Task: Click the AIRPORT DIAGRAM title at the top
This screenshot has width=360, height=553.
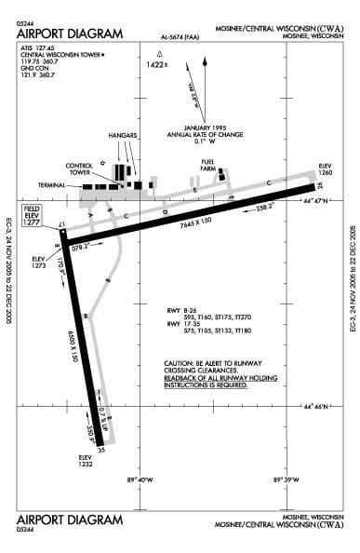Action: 70,34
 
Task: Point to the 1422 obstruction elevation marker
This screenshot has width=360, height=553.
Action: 157,64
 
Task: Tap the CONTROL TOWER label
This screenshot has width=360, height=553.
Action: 79,169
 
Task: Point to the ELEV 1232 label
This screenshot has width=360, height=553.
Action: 87,460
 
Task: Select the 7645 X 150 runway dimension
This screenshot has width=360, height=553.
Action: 193,220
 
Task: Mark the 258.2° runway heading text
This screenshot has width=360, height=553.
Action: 266,207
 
